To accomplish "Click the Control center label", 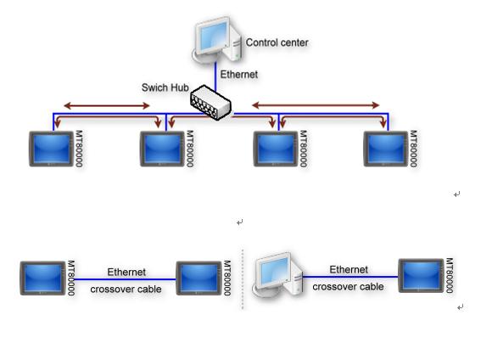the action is pyautogui.click(x=277, y=42).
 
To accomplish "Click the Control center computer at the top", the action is pyautogui.click(x=217, y=39).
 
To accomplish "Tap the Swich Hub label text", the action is pyautogui.click(x=165, y=87).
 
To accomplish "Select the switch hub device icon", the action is pyautogui.click(x=210, y=102).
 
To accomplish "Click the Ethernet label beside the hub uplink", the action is pyautogui.click(x=238, y=75).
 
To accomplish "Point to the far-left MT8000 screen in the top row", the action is pyautogui.click(x=51, y=149).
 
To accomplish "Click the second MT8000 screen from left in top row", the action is pyautogui.click(x=162, y=149).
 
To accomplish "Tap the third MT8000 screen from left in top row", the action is pyautogui.click(x=276, y=149).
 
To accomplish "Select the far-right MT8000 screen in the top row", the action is pyautogui.click(x=386, y=149).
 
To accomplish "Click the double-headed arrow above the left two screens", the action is pyautogui.click(x=107, y=105).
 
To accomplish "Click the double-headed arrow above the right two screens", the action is pyautogui.click(x=316, y=105).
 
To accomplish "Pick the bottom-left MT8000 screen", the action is pyautogui.click(x=42, y=278).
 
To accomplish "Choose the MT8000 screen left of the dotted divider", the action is pyautogui.click(x=198, y=278).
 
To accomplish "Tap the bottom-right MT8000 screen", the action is pyautogui.click(x=421, y=276).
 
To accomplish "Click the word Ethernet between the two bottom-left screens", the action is pyautogui.click(x=126, y=272).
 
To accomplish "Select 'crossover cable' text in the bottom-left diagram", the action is pyautogui.click(x=126, y=289).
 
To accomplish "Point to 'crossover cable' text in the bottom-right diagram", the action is pyautogui.click(x=348, y=286).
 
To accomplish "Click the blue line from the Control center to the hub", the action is pyautogui.click(x=215, y=77).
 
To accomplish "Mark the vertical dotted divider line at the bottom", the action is pyautogui.click(x=243, y=279).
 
